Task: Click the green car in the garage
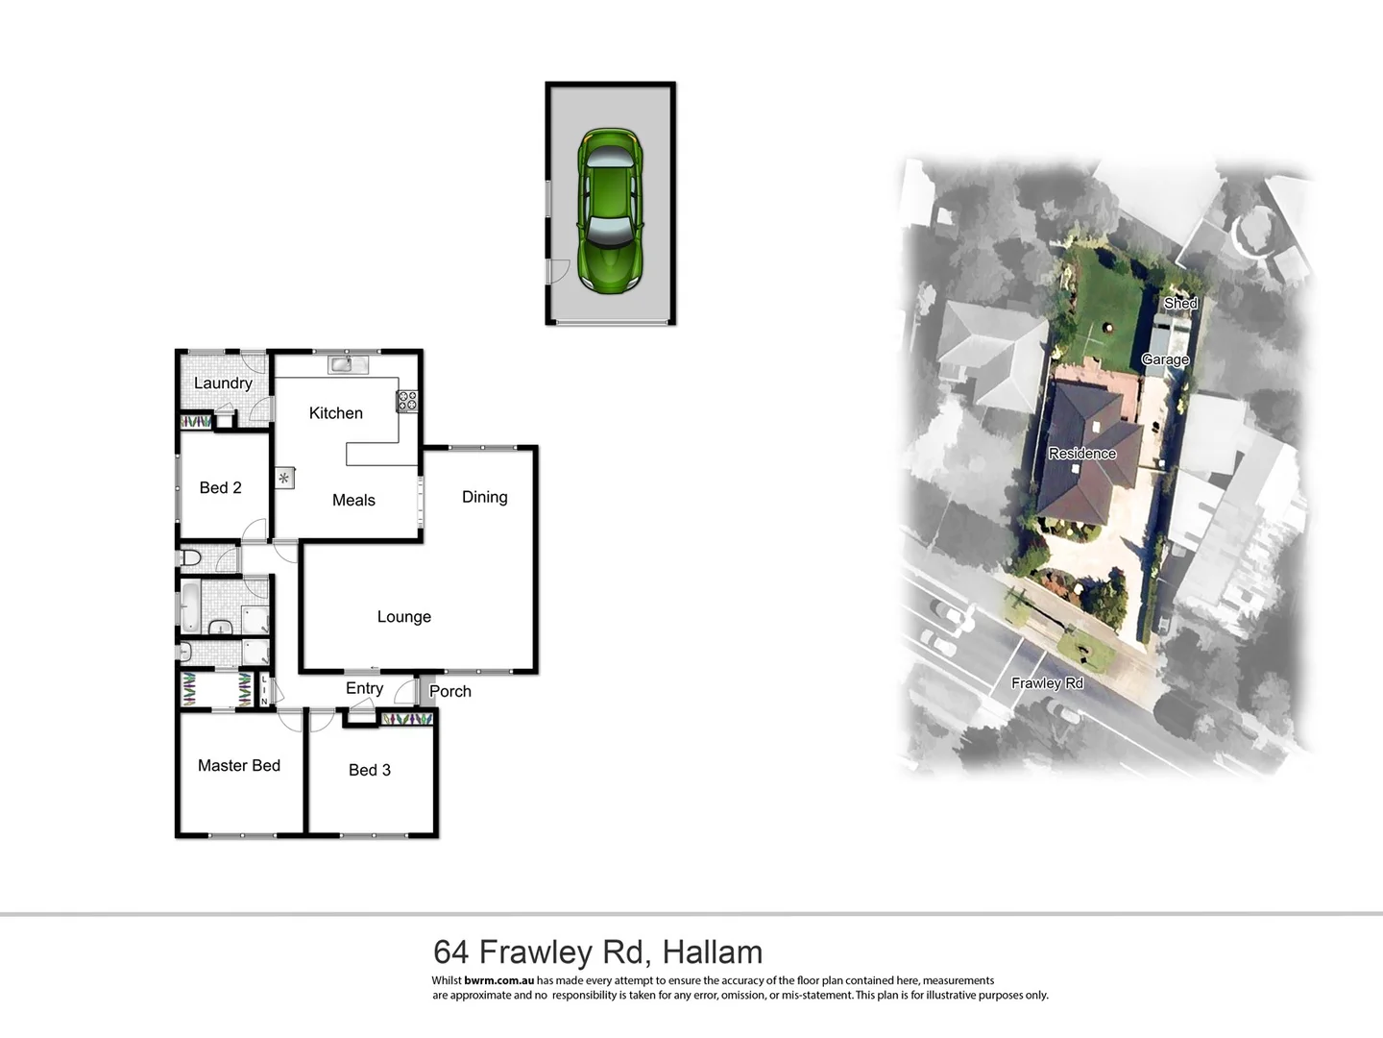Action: [610, 210]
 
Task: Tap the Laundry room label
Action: [223, 383]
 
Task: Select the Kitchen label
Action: [335, 413]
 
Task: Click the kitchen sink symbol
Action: [348, 364]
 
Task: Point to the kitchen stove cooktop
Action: [407, 402]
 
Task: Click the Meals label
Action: [353, 501]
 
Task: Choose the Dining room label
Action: [484, 497]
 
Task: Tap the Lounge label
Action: [403, 617]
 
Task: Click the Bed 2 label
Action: [220, 488]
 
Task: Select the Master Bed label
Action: [239, 766]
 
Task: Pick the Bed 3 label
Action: [370, 770]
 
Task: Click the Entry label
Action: [364, 688]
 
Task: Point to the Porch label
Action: [450, 691]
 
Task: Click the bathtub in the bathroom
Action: [190, 606]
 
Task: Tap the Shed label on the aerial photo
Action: [1180, 303]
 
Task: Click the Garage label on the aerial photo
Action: [1165, 359]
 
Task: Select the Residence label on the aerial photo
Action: [1081, 454]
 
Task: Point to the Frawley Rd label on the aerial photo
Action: [1047, 683]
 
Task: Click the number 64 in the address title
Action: [451, 952]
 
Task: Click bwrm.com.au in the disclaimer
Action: [498, 981]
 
